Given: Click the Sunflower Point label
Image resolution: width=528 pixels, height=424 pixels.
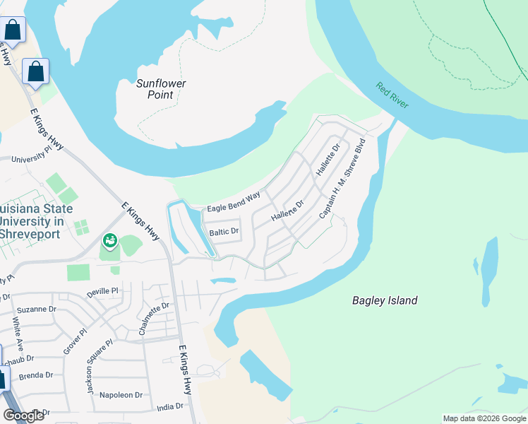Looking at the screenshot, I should pyautogui.click(x=161, y=88).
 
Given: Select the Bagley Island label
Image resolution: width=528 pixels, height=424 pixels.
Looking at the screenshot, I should pyautogui.click(x=385, y=300).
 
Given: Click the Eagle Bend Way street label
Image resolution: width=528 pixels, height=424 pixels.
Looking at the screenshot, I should pyautogui.click(x=233, y=201).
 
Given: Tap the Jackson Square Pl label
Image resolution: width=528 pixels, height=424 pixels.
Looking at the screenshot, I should pyautogui.click(x=99, y=366).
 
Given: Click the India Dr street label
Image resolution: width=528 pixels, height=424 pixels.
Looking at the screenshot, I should pyautogui.click(x=169, y=406).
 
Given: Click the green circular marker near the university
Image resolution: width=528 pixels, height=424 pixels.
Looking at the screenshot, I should pyautogui.click(x=109, y=241).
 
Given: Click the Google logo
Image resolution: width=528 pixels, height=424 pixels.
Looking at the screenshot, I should pyautogui.click(x=23, y=416).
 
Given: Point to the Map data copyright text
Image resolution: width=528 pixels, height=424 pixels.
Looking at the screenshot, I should pyautogui.click(x=484, y=418).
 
